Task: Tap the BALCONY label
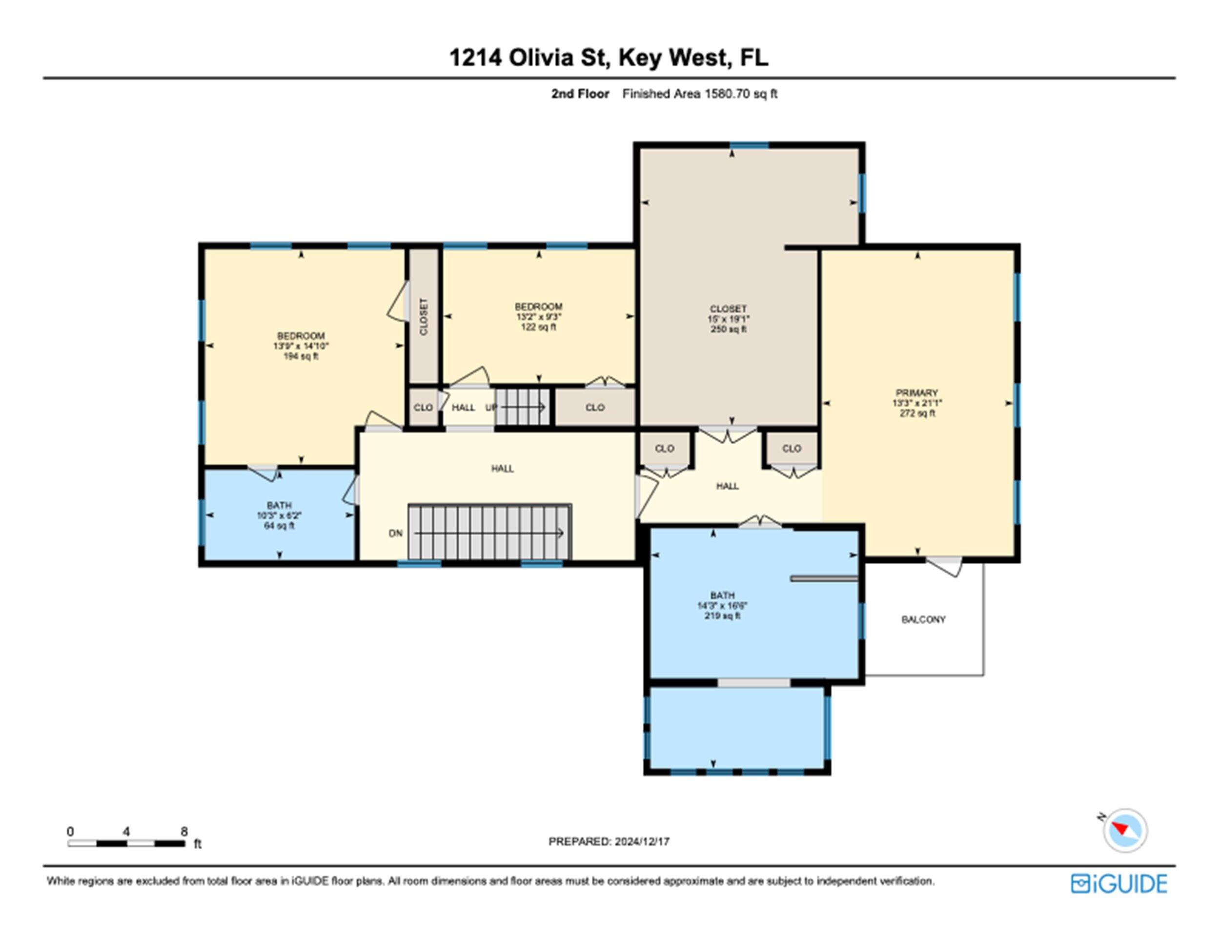[923, 619]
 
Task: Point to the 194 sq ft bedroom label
[301, 346]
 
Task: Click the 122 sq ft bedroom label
[538, 317]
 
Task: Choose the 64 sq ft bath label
[279, 515]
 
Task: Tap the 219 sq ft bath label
[722, 606]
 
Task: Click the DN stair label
[395, 533]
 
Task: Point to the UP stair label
[490, 407]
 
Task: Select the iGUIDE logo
[1119, 883]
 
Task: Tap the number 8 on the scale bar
[184, 831]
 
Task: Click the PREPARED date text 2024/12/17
[642, 841]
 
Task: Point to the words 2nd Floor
[580, 94]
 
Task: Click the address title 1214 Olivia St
[529, 58]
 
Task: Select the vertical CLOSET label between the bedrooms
[424, 317]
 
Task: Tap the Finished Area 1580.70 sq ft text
[700, 94]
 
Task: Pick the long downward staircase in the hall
[489, 533]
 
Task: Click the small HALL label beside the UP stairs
[463, 407]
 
